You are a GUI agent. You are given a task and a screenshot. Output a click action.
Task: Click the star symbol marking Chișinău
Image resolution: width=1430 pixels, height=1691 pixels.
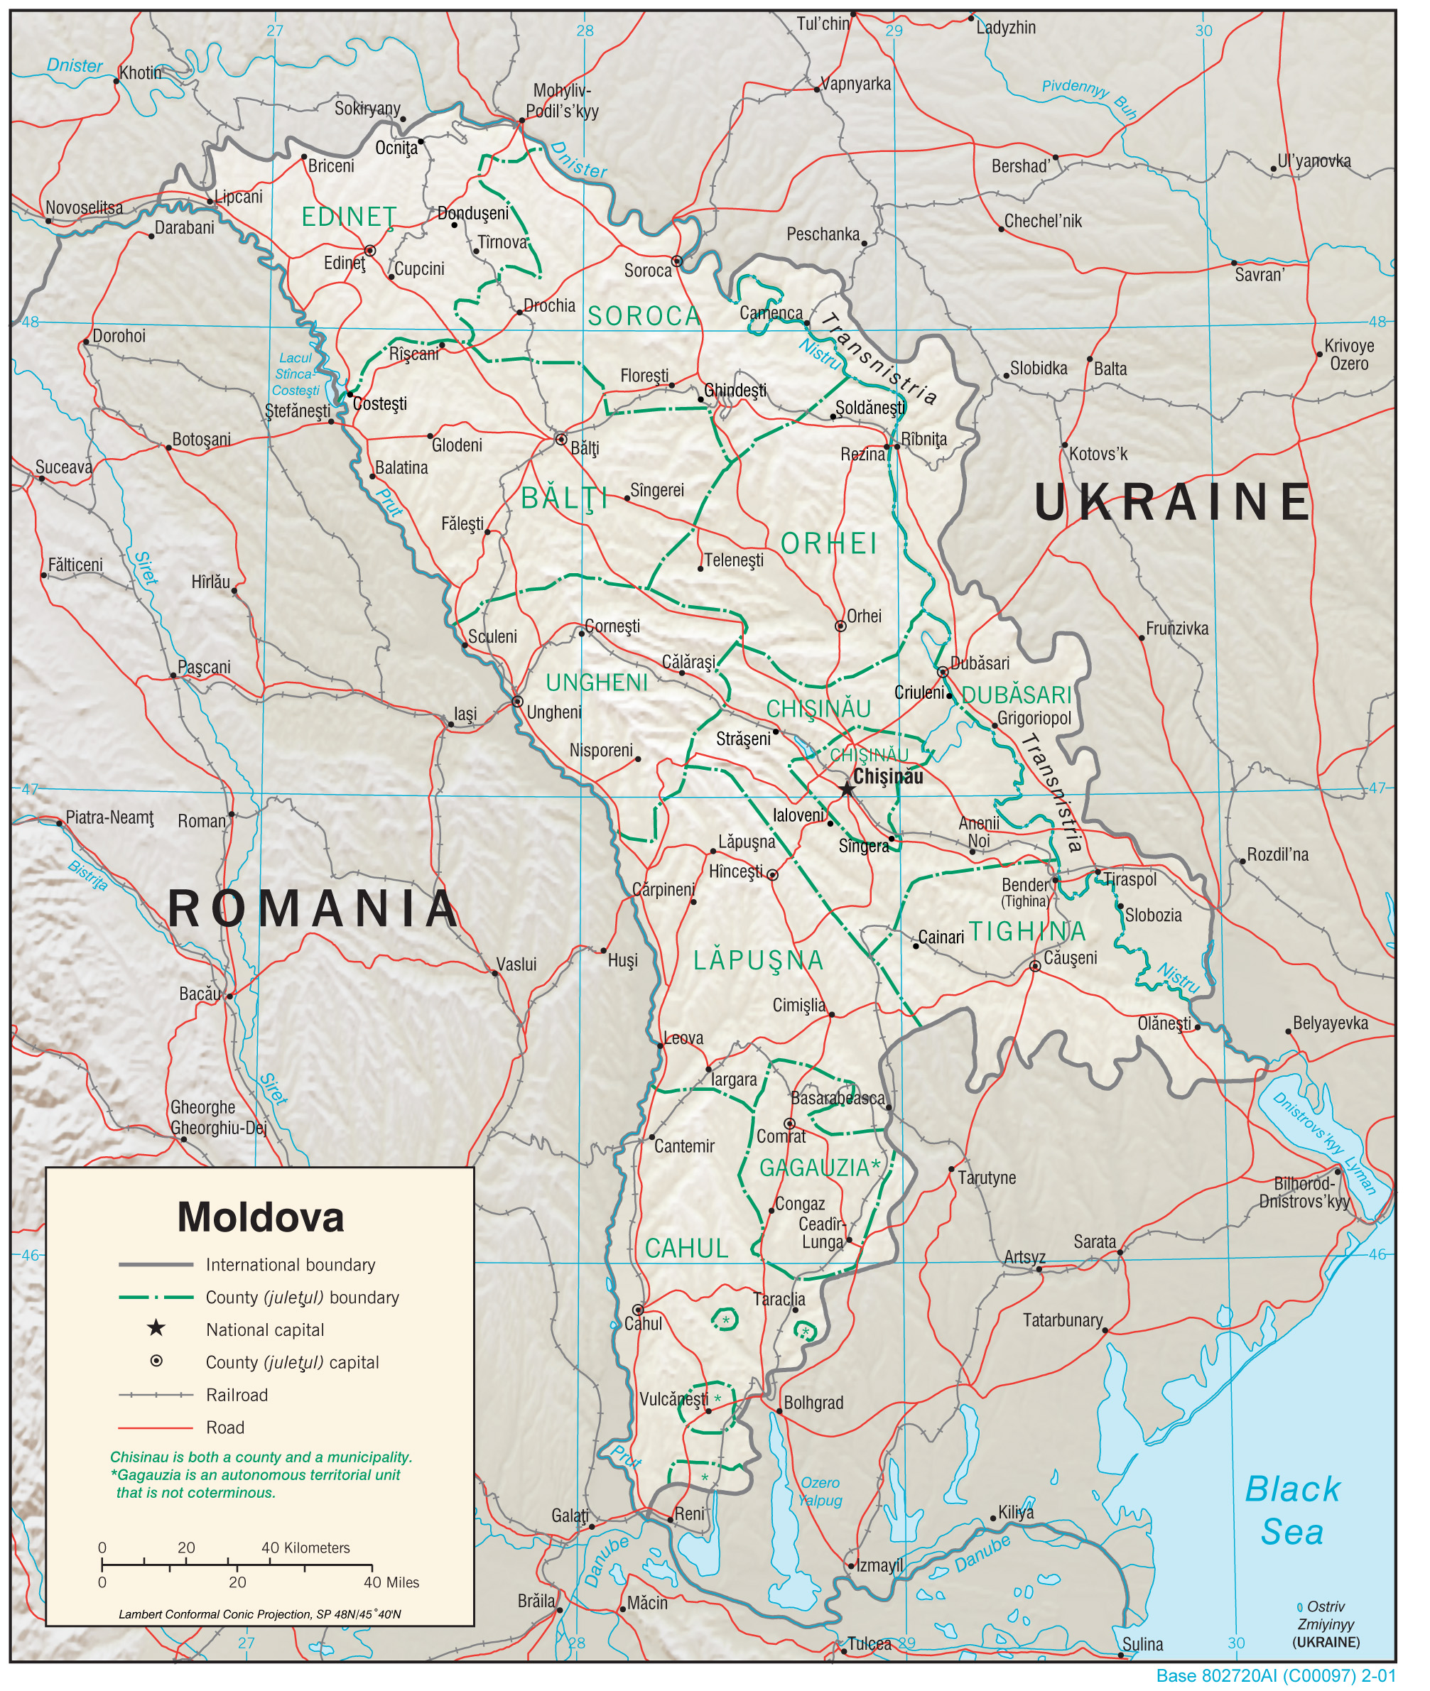(x=846, y=788)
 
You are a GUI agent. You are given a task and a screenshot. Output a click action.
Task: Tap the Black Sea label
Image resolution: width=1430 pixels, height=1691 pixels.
(x=1291, y=1511)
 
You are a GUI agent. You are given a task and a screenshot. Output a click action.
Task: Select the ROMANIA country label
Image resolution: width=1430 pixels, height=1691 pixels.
(x=313, y=908)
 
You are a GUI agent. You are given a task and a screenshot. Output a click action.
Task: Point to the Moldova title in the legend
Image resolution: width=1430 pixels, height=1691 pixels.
(x=260, y=1217)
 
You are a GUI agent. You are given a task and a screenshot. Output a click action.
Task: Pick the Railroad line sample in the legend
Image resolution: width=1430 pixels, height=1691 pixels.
(x=156, y=1394)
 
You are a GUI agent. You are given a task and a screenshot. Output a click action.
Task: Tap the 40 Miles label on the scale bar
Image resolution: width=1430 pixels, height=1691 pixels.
(x=391, y=1582)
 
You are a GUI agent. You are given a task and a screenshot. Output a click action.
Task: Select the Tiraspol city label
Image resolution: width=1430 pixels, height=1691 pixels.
(x=1130, y=879)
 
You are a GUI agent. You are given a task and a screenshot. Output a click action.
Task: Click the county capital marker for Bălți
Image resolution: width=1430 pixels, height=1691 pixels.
(x=560, y=439)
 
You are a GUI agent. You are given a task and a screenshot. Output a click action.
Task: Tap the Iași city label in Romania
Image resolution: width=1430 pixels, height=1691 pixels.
(x=465, y=714)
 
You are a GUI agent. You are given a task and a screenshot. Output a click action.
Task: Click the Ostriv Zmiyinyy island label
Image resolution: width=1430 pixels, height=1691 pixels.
(x=1326, y=1624)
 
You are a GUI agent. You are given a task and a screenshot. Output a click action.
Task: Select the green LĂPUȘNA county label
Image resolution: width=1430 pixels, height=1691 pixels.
(x=758, y=960)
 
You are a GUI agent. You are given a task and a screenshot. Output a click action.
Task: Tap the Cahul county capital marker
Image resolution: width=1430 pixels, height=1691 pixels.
(x=638, y=1310)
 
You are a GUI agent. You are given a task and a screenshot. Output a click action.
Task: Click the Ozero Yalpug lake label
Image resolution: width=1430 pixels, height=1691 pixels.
(x=820, y=1491)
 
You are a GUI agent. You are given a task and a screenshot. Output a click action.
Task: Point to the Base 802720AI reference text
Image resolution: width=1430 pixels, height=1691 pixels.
(x=1276, y=1675)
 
